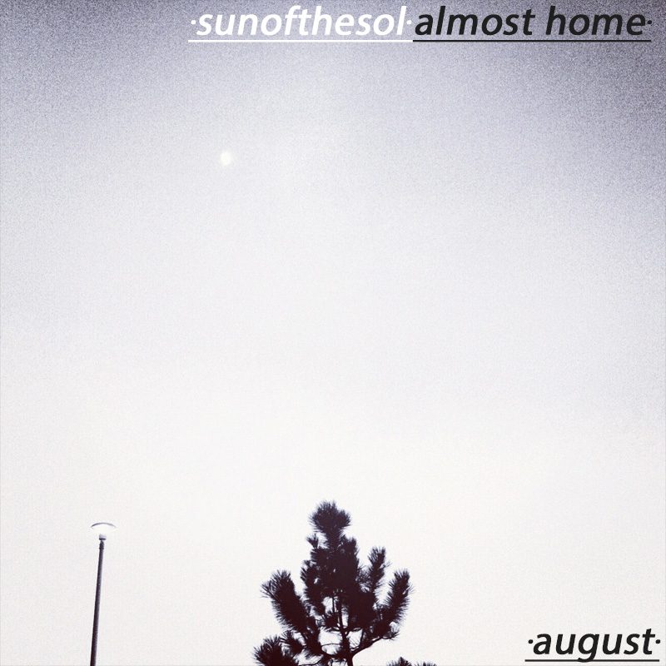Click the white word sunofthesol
point(301,22)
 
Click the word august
point(592,644)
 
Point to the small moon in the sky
point(226,158)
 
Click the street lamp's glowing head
point(102,527)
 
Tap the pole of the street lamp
point(97,599)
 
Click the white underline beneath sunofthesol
point(301,41)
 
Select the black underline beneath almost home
point(532,41)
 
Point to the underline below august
point(592,660)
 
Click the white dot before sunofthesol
point(192,22)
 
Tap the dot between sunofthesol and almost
point(410,22)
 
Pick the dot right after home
point(647,22)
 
